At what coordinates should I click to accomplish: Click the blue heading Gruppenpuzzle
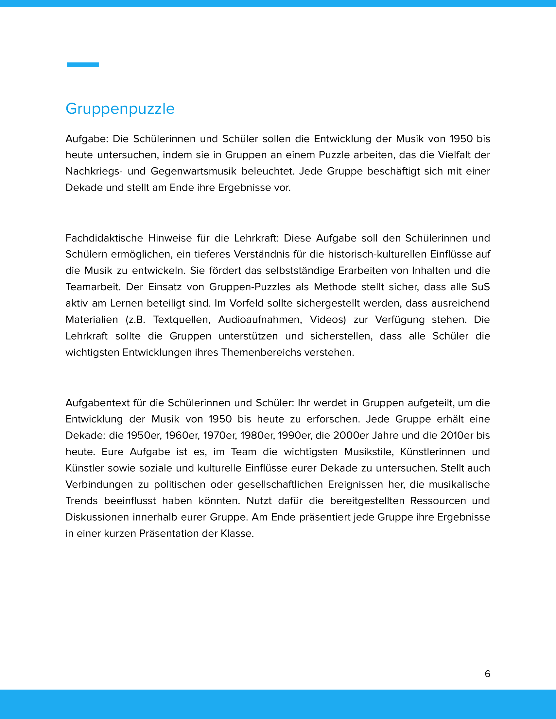(x=120, y=109)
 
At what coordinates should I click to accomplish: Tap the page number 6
(x=488, y=674)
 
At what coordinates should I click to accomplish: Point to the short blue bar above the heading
(x=83, y=65)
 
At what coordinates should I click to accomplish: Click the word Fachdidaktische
(x=104, y=238)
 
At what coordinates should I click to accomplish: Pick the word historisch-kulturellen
(x=381, y=254)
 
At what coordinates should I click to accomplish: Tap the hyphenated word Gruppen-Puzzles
(x=250, y=287)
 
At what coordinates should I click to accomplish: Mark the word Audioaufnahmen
(x=260, y=319)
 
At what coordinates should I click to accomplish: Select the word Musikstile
(x=369, y=452)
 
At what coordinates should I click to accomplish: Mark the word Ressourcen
(x=438, y=501)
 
